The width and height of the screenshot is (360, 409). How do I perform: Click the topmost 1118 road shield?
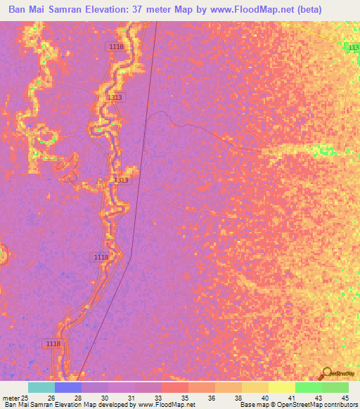coord(116,46)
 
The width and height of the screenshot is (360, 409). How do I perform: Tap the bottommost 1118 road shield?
coord(52,343)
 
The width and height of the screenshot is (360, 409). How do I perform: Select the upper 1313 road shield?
coord(115,98)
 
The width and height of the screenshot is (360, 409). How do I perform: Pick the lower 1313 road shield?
coord(121,181)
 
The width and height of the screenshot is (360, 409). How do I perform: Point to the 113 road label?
coord(354,46)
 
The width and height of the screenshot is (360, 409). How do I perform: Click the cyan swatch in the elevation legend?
coord(41,387)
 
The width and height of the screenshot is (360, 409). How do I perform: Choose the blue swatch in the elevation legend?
coord(67,387)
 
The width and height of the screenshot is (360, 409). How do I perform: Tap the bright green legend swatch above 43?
coord(308,387)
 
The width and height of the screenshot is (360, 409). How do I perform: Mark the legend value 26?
coord(51,398)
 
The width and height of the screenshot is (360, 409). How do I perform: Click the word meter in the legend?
coord(12,398)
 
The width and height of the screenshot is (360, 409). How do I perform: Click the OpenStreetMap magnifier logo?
coord(326,373)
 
